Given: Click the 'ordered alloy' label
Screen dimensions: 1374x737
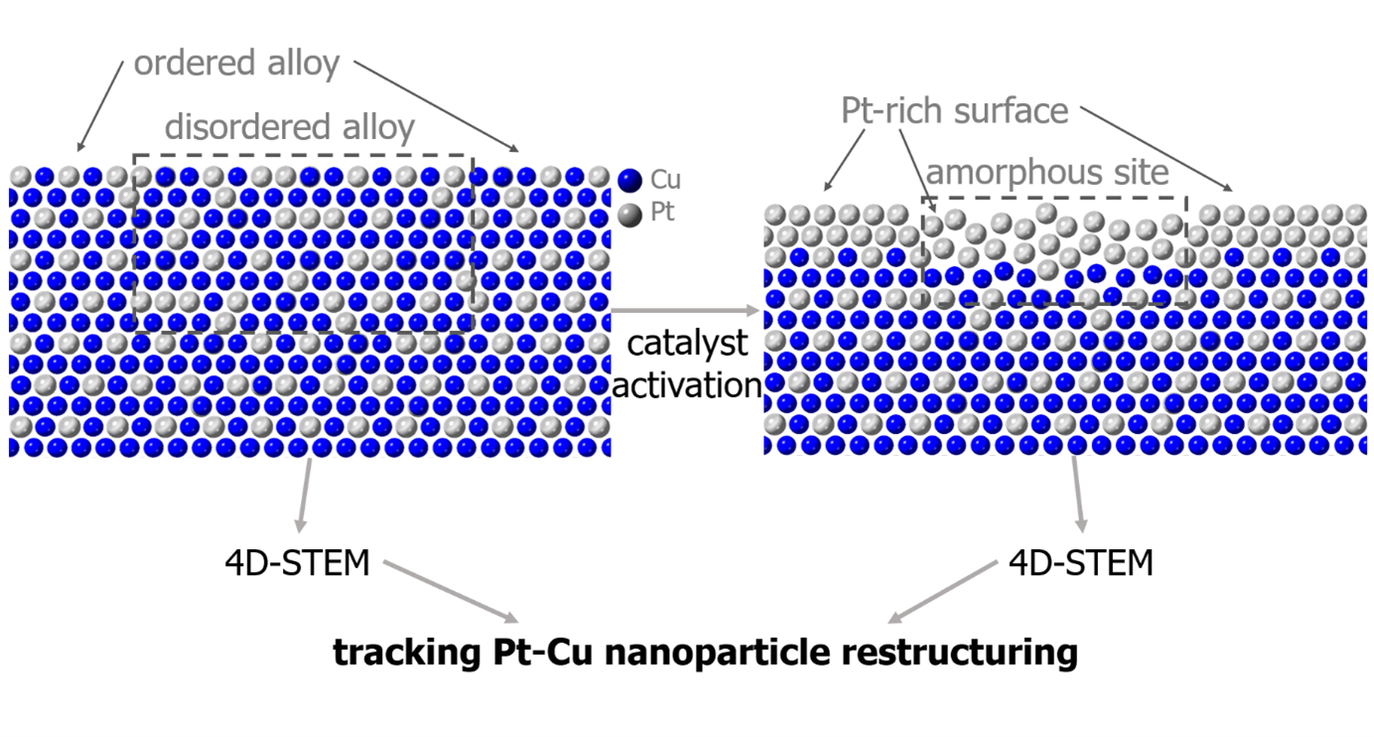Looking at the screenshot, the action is click(236, 64).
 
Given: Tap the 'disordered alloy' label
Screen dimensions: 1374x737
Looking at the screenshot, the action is click(290, 128).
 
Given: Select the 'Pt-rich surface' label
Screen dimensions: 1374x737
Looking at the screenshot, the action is click(954, 111).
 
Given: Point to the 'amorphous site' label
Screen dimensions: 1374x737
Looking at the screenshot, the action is click(1047, 173).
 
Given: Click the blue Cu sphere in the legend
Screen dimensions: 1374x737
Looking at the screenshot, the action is click(630, 181).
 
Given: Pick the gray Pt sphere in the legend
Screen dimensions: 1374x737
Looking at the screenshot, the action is click(630, 215).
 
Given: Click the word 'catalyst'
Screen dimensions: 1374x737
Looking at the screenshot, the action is click(687, 344).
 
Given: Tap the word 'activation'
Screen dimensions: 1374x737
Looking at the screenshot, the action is click(687, 385).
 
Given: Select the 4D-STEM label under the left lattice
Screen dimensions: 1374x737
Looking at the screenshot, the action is click(298, 563).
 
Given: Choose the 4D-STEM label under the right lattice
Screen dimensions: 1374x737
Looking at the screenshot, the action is click(1081, 563).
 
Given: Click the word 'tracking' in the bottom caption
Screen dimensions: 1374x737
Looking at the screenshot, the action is click(407, 653).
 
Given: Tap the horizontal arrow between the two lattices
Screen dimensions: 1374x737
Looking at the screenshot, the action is click(686, 311).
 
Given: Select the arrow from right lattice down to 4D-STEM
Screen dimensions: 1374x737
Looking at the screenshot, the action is click(1078, 495).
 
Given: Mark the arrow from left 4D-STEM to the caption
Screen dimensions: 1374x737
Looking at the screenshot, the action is click(452, 592).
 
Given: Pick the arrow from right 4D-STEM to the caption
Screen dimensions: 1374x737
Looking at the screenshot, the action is click(943, 592).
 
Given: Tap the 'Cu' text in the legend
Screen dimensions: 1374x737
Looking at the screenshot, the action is click(665, 180).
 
